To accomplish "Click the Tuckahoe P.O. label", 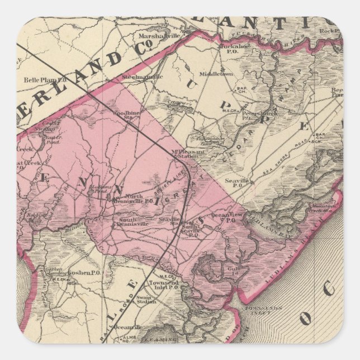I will point(220,47).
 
